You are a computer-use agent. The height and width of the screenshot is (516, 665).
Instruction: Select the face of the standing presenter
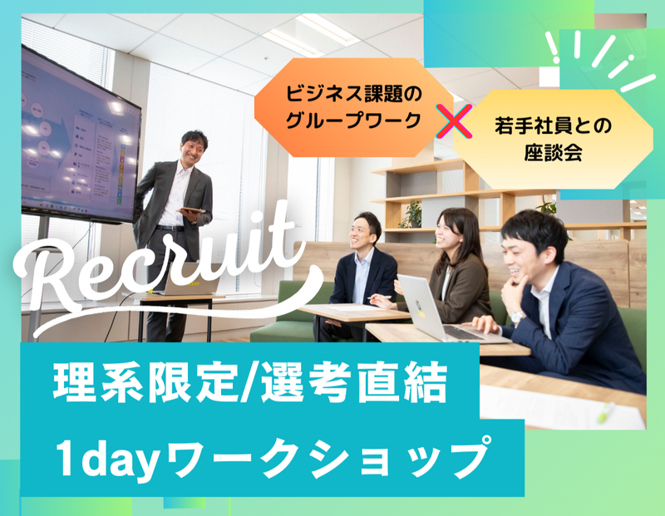click(x=194, y=149)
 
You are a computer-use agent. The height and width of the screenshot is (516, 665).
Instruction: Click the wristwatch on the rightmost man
click(x=517, y=317)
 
